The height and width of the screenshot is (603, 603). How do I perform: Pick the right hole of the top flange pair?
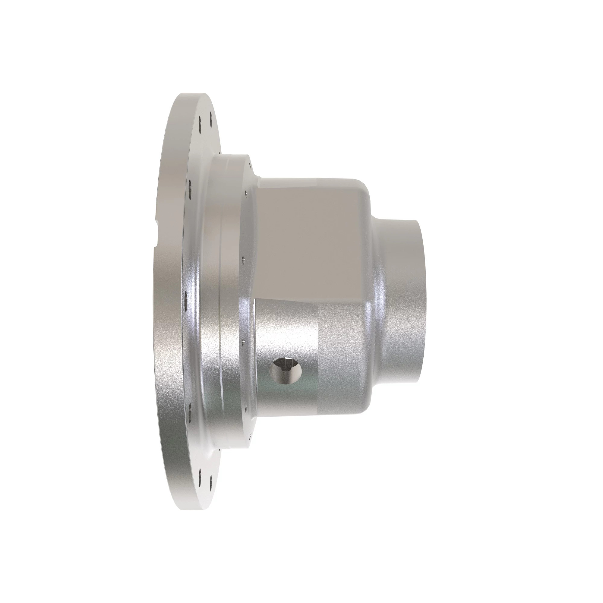pyautogui.click(x=211, y=116)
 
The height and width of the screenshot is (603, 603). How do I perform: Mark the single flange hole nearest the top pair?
pyautogui.click(x=190, y=184)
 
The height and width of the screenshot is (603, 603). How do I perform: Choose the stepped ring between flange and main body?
pyautogui.click(x=231, y=300)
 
